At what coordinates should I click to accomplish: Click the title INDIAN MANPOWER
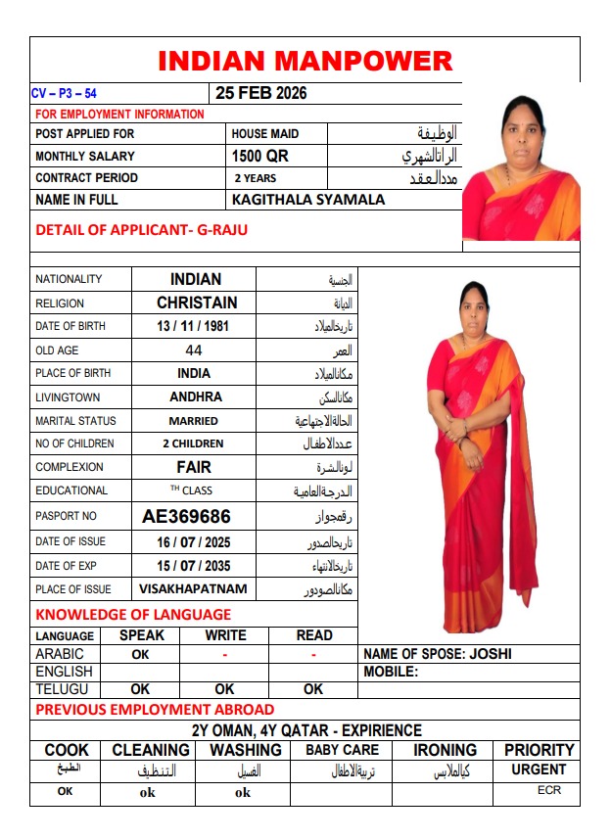coord(305,61)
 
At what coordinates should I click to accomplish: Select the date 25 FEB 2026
coord(261,94)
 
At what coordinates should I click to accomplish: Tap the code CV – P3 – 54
coord(64,94)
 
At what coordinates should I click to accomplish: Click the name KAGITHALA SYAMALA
coord(308,200)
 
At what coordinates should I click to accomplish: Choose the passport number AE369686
coord(186,516)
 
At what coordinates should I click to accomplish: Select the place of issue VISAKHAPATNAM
coord(193,589)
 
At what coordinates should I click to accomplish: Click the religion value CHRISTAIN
coord(197,303)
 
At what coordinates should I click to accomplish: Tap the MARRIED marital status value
coord(193,421)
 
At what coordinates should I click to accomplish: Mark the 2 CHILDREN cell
coord(193,443)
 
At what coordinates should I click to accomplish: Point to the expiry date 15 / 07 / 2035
coord(193,566)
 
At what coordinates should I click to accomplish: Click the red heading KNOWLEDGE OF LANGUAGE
coord(133,615)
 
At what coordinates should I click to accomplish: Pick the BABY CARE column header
coord(342,751)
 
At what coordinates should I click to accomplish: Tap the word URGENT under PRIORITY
coord(539,770)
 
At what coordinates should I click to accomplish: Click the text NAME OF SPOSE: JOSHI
coord(438,654)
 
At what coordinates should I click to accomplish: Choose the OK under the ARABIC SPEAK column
coord(141,654)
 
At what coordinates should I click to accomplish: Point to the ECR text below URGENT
coord(549,790)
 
